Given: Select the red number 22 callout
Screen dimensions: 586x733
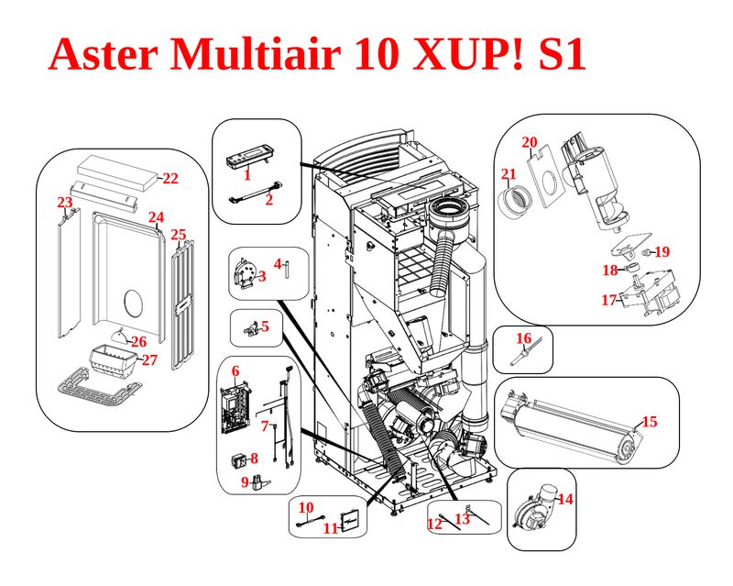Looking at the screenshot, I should pyautogui.click(x=170, y=179).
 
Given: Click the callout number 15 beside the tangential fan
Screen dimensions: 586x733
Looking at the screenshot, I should pyautogui.click(x=650, y=422).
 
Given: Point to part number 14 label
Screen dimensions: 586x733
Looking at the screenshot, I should pyautogui.click(x=565, y=500).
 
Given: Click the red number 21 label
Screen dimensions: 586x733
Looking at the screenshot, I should pyautogui.click(x=509, y=174).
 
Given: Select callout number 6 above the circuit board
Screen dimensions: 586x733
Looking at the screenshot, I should pyautogui.click(x=235, y=370).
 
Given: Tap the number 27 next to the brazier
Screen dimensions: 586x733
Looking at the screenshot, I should pyautogui.click(x=149, y=359).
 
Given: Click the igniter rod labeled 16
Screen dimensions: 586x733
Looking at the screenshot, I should pyautogui.click(x=524, y=356).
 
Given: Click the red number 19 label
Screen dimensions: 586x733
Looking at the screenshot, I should pyautogui.click(x=662, y=251).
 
